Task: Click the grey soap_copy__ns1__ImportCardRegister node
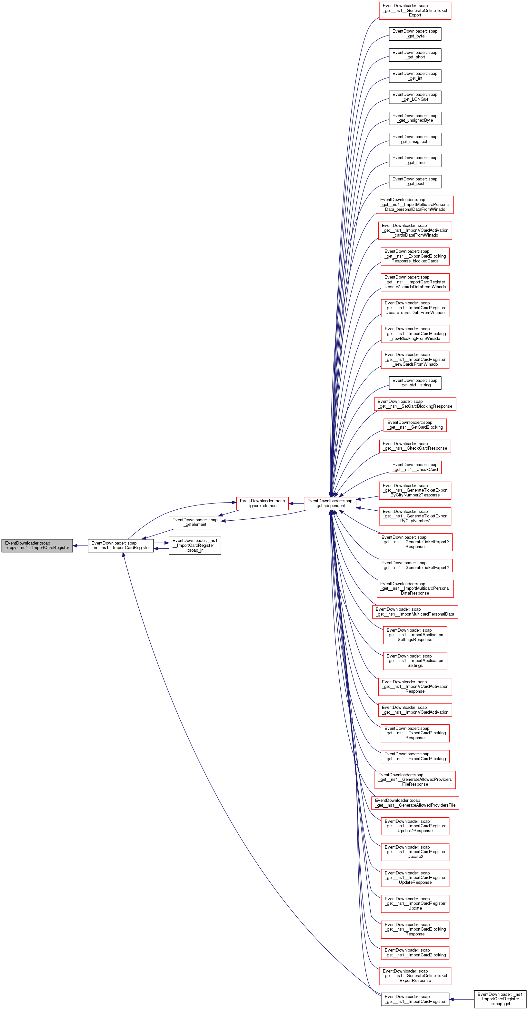[37, 546]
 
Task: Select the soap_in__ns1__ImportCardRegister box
[121, 546]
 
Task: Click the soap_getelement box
[195, 522]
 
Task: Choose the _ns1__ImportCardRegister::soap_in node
[195, 546]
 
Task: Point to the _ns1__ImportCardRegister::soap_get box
[500, 999]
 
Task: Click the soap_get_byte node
[415, 34]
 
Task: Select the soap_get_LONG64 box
[415, 97]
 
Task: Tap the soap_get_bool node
[415, 181]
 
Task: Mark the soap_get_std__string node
[415, 383]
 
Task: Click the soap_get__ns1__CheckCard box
[415, 467]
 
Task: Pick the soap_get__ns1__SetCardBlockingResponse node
[415, 404]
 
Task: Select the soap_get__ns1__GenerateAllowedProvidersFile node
[415, 802]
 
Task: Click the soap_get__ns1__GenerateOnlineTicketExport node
[415, 10]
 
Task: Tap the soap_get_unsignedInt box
[415, 139]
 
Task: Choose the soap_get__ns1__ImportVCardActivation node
[415, 710]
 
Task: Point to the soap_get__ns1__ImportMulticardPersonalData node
[415, 612]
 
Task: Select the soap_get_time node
[415, 160]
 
